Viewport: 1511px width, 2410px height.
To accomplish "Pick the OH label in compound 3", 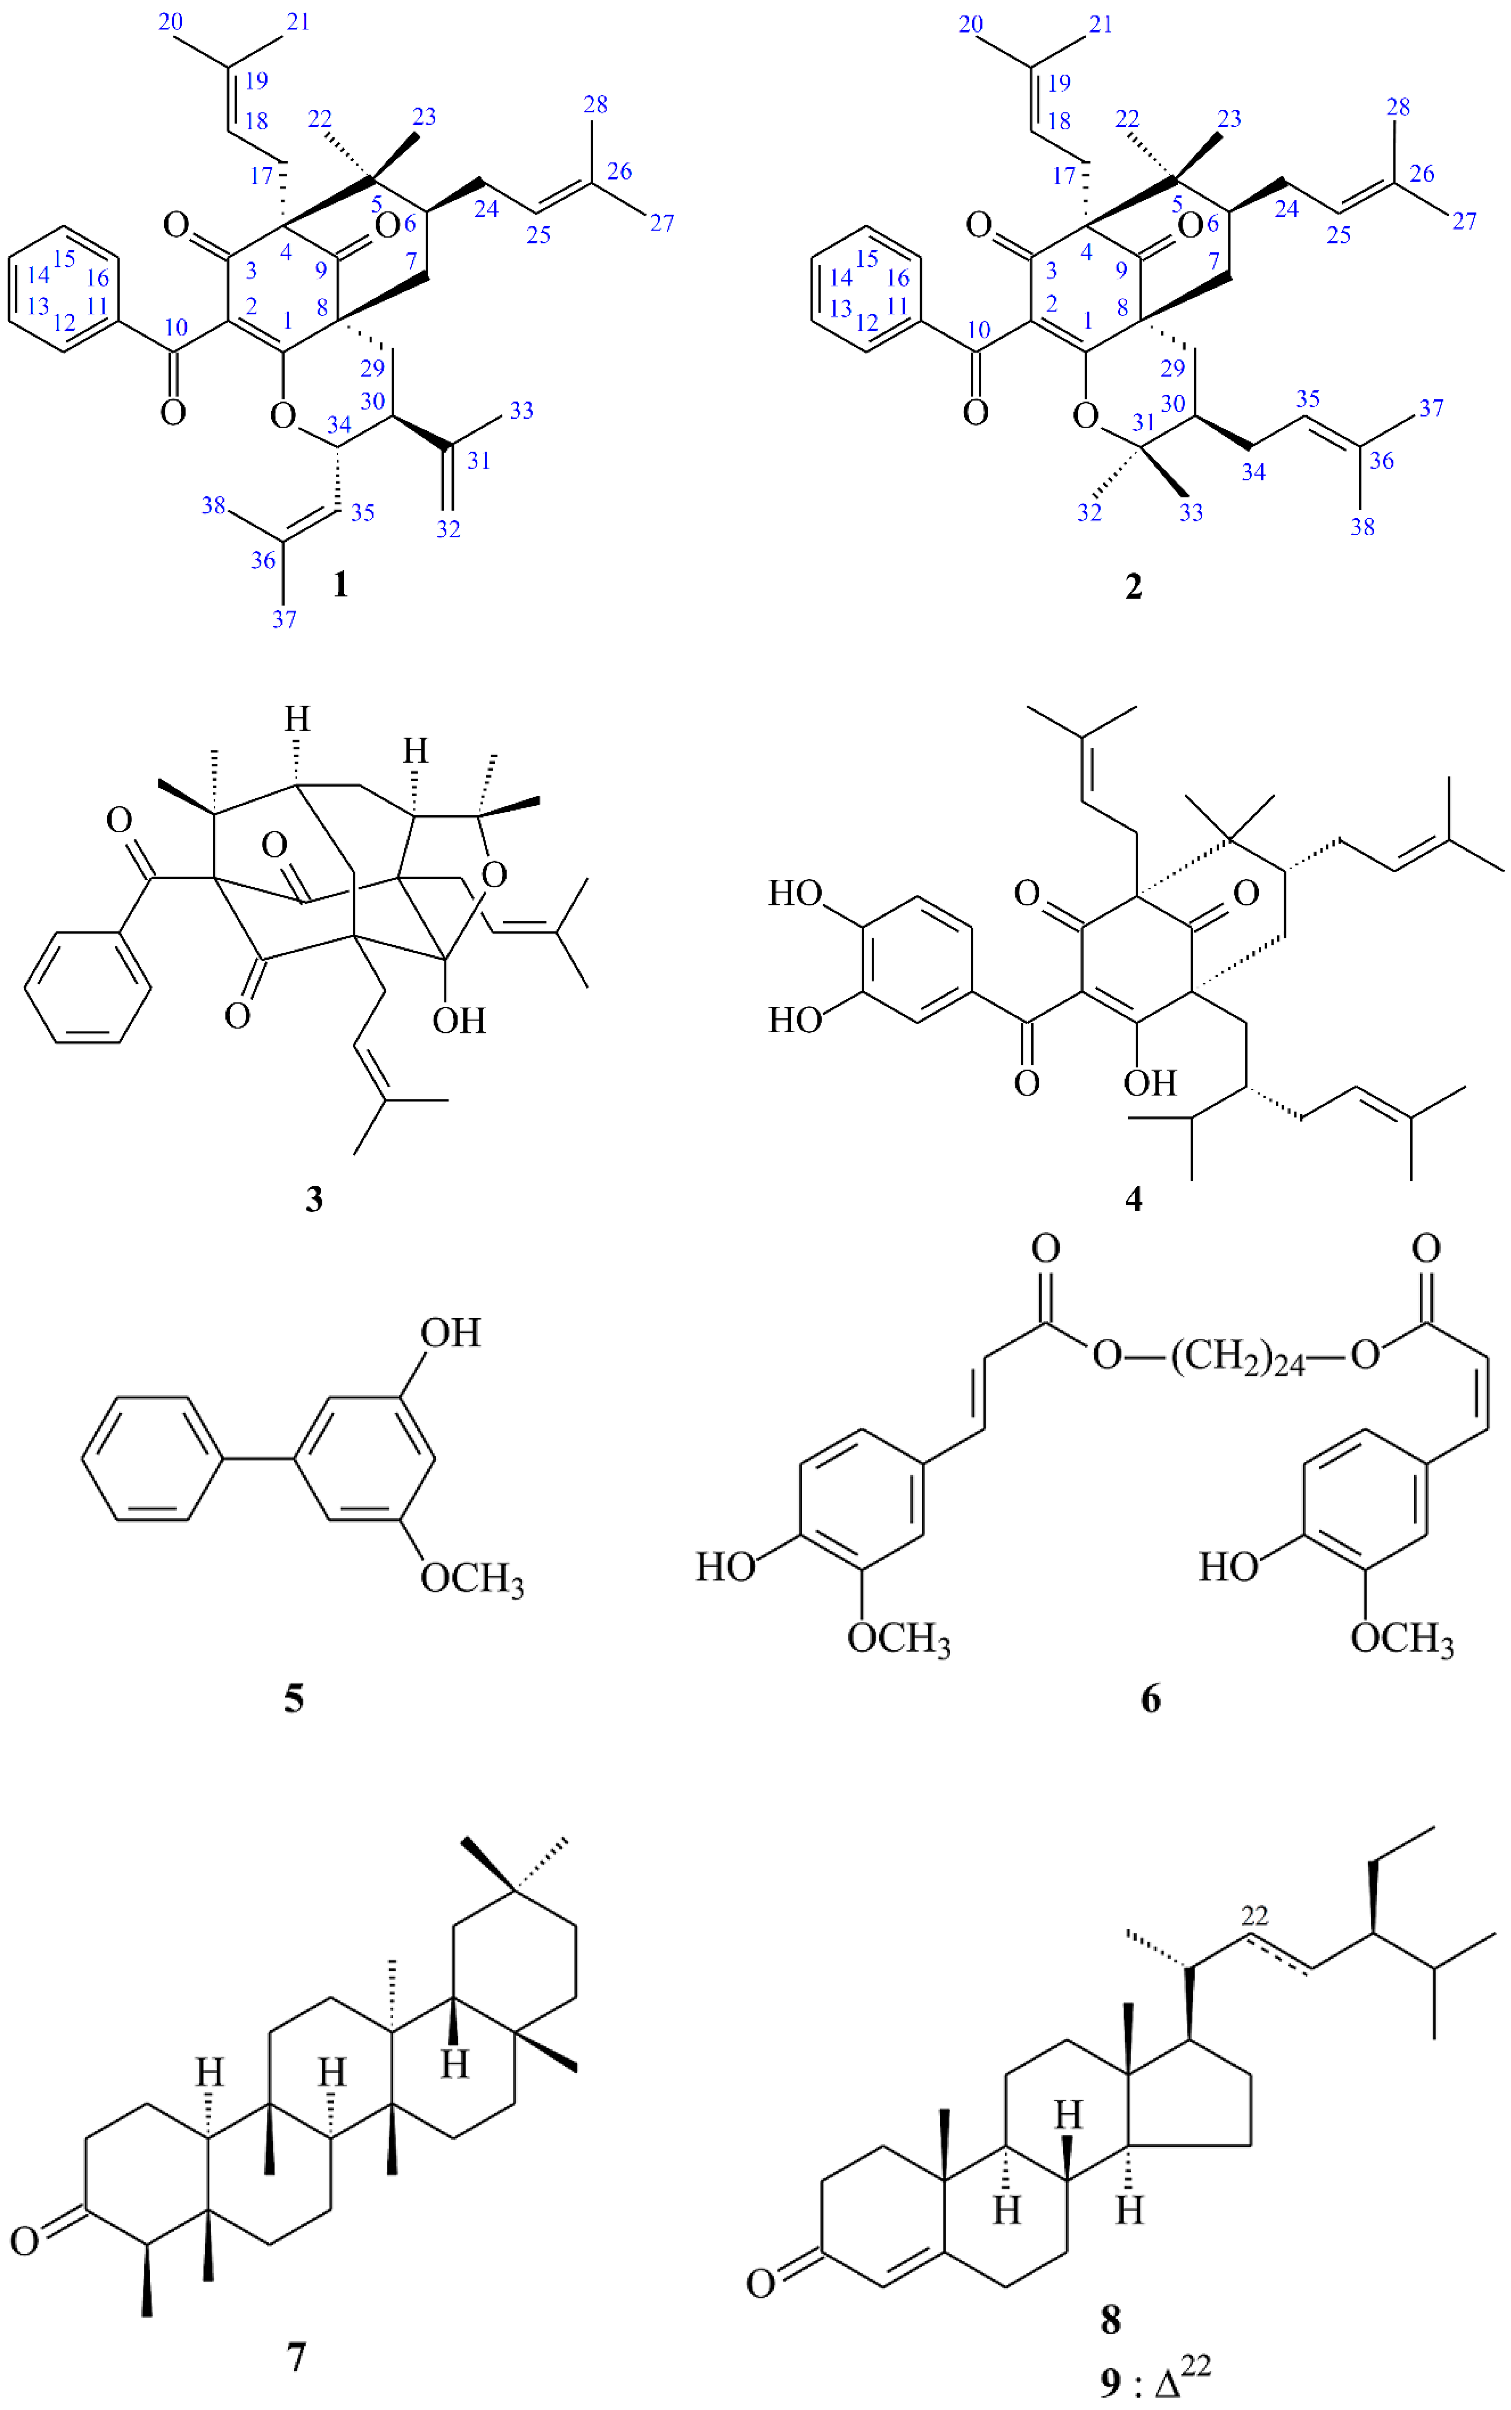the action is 459,1020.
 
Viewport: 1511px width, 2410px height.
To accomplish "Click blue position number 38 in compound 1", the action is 214,506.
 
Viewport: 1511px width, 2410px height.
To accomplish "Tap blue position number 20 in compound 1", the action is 171,22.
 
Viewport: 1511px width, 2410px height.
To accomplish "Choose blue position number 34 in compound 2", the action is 1253,471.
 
